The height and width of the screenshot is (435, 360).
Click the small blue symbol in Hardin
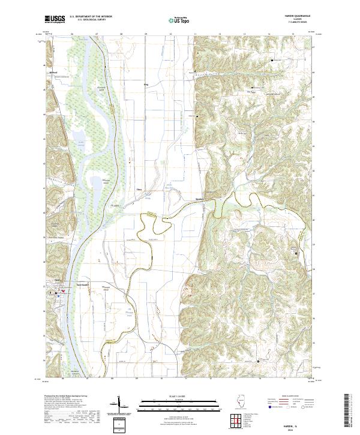tap(57, 294)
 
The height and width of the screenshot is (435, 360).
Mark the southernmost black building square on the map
tap(259, 361)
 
